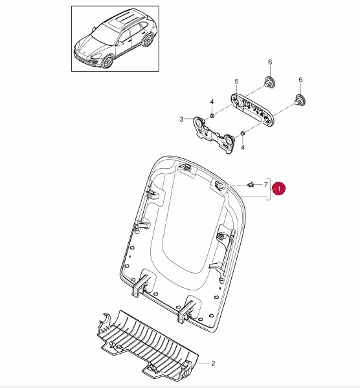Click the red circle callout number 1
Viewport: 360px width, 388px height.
278,189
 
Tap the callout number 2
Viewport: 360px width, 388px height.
213,363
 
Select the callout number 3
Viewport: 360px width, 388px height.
181,120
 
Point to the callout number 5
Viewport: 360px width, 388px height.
236,81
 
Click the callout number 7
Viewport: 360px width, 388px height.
265,184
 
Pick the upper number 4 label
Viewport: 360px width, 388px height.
212,102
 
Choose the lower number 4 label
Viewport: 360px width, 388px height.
243,147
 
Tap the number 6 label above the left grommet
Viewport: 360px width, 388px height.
270,62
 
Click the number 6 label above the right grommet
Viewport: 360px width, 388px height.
300,80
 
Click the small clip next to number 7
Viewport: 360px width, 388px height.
251,184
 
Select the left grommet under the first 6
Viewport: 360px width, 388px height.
269,82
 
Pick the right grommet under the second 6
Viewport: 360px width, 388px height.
300,100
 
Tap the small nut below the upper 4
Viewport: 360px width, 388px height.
212,115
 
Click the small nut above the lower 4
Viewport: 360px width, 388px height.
243,133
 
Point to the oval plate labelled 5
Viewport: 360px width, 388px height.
253,107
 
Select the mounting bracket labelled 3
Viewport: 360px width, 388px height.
213,135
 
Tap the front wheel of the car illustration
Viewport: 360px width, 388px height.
107,63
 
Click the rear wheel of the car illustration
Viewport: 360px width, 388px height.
148,41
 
